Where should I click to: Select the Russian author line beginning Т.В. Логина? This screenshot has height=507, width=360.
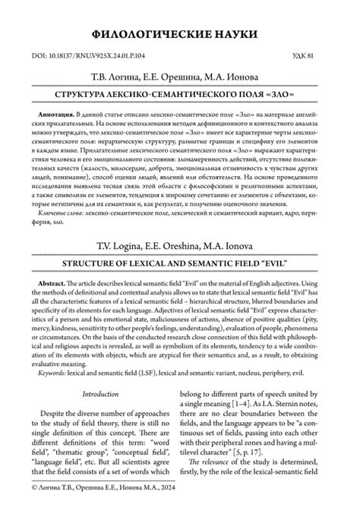point(179,77)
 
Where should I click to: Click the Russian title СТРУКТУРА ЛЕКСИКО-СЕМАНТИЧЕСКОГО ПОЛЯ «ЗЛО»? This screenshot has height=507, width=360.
point(179,97)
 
